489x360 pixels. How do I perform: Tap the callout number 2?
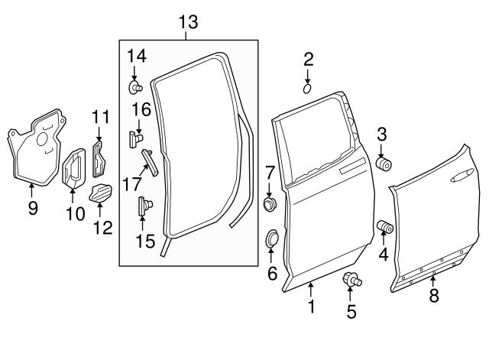308,59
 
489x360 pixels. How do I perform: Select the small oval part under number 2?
308,89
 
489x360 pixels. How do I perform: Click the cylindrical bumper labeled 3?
385,164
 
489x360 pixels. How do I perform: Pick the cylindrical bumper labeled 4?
385,226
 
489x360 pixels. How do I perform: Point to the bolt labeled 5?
351,280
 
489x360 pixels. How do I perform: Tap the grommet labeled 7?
270,205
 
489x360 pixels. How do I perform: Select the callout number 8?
434,296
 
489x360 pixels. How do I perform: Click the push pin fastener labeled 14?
134,86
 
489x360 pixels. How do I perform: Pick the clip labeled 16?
137,138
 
